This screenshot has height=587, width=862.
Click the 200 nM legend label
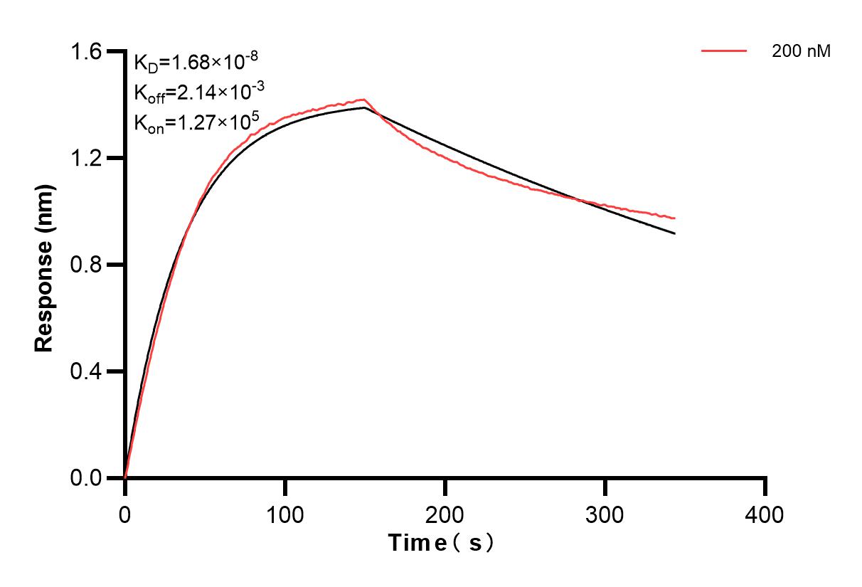pyautogui.click(x=802, y=51)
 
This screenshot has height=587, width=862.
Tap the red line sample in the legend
pyautogui.click(x=724, y=51)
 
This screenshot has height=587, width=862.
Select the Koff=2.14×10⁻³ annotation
pyautogui.click(x=191, y=92)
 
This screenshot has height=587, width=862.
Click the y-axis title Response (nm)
pyautogui.click(x=44, y=265)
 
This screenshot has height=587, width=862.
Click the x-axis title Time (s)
pyautogui.click(x=441, y=543)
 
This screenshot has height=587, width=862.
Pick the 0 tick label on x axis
pyautogui.click(x=125, y=514)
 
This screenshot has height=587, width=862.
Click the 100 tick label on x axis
pyautogui.click(x=285, y=514)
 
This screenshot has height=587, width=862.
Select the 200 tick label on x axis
pyautogui.click(x=445, y=514)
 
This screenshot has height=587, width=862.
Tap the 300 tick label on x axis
pyautogui.click(x=605, y=514)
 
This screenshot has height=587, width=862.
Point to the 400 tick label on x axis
pyautogui.click(x=765, y=514)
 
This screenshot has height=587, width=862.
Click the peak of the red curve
pyautogui.click(x=364, y=100)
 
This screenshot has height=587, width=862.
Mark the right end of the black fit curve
pyautogui.click(x=674, y=233)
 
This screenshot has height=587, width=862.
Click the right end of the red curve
pyautogui.click(x=674, y=218)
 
